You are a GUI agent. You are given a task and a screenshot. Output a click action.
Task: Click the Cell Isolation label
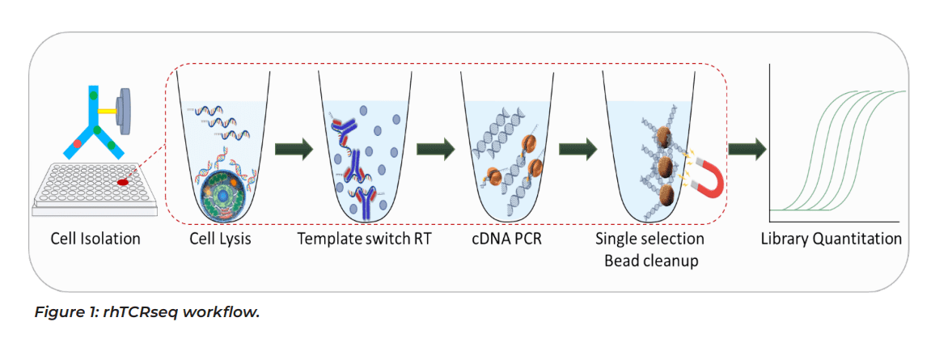pos(95,239)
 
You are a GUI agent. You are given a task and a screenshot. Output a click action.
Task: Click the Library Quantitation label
pos(831,239)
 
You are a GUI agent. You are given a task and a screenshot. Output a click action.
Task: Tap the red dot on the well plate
pos(124,183)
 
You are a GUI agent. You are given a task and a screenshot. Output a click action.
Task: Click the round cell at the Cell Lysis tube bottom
pos(222,193)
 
